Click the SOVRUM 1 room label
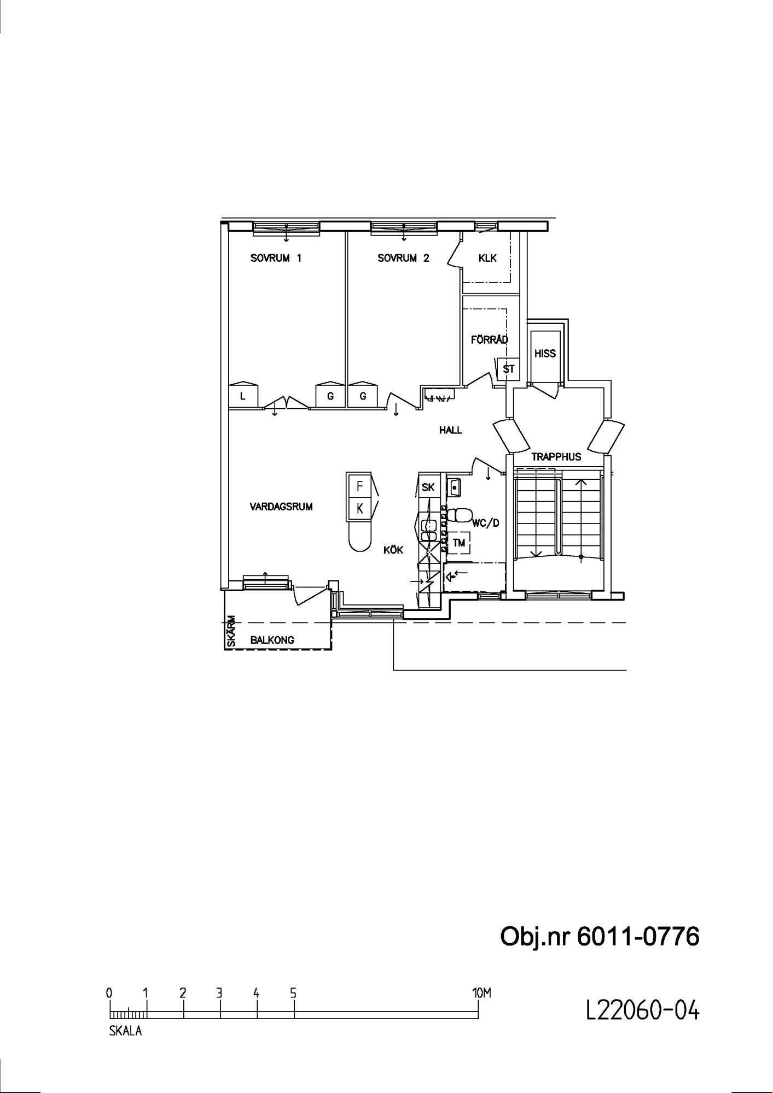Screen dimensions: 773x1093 (x=276, y=258)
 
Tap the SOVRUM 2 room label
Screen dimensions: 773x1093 (x=404, y=258)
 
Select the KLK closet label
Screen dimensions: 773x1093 (x=487, y=258)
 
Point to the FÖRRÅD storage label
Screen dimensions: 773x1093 (x=490, y=339)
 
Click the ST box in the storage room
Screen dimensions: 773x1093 (x=509, y=369)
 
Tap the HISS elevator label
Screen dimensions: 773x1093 (x=545, y=354)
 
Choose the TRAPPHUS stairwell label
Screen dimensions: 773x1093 (x=556, y=457)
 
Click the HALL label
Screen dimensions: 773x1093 (x=451, y=430)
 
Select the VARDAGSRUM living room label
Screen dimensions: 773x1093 (x=281, y=507)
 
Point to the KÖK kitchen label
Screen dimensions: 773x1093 (x=393, y=550)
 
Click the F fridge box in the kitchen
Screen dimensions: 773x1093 (x=359, y=485)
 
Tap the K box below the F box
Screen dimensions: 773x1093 (x=359, y=509)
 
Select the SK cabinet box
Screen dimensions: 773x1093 (x=428, y=487)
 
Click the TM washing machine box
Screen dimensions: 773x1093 (x=459, y=543)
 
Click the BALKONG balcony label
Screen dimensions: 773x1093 (x=272, y=640)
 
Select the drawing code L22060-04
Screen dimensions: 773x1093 (x=642, y=1010)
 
